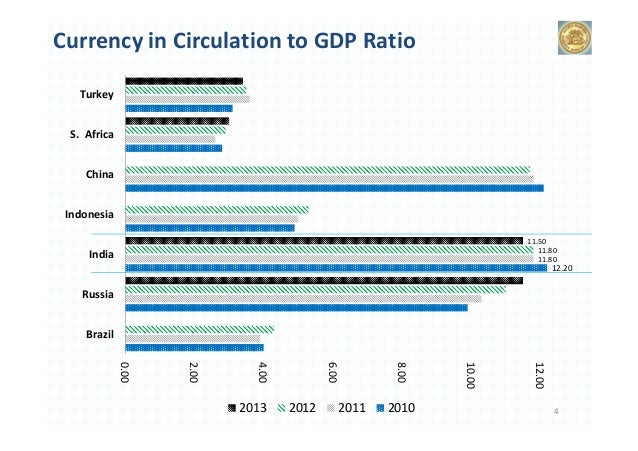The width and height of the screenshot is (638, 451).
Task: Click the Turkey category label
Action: pyautogui.click(x=97, y=95)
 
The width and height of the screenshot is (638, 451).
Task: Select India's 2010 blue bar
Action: pyautogui.click(x=335, y=268)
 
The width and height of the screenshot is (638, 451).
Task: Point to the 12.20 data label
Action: pyautogui.click(x=562, y=268)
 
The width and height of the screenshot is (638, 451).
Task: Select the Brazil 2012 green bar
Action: pyautogui.click(x=199, y=329)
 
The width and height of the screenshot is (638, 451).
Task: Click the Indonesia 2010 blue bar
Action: pyautogui.click(x=209, y=228)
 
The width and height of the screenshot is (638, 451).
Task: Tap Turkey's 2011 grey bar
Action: pyautogui.click(x=187, y=100)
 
